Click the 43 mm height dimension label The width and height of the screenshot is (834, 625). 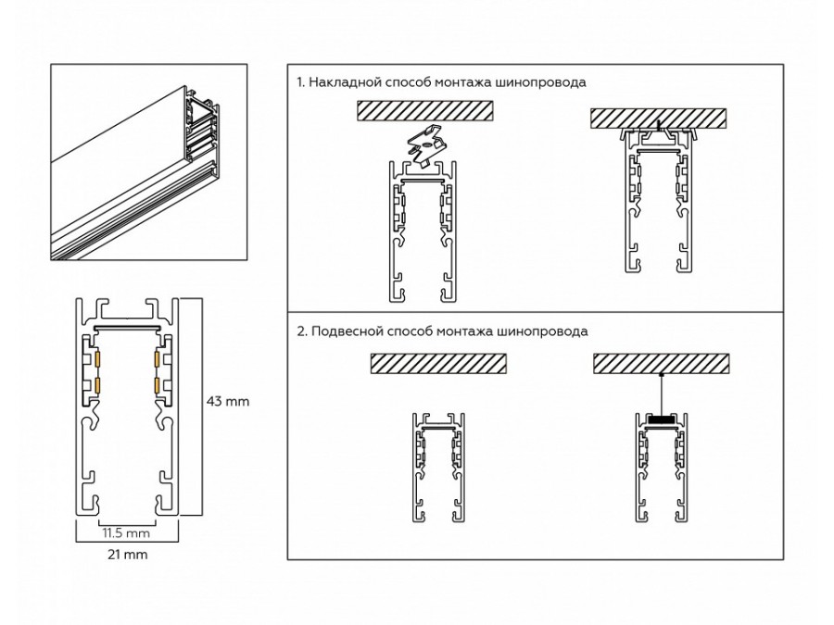227,402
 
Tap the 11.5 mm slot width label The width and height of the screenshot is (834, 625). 125,534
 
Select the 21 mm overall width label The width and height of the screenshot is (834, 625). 127,555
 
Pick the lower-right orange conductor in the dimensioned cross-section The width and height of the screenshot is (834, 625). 158,383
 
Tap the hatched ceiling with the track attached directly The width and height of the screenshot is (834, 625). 660,119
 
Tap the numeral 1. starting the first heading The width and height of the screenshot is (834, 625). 300,82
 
